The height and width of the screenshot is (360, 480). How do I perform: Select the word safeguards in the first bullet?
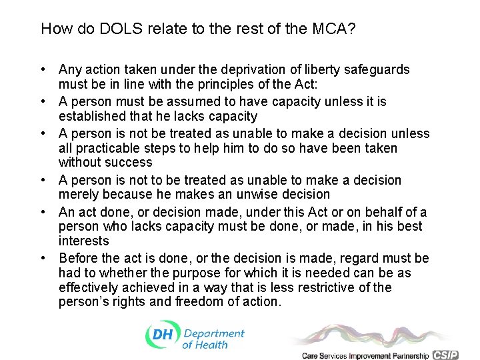point(378,69)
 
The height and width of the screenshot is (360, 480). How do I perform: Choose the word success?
point(130,162)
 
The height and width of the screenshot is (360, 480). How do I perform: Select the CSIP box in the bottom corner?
point(445,355)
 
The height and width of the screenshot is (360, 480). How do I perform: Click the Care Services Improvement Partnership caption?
point(365,355)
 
